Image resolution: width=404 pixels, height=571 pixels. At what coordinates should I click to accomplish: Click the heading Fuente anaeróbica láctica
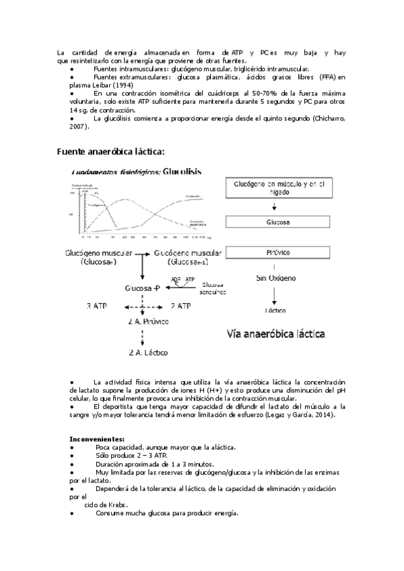pyautogui.click(x=111, y=151)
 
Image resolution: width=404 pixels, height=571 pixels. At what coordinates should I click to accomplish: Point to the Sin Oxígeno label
pyautogui.click(x=275, y=277)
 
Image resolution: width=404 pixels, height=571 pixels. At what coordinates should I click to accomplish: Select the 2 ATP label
pyautogui.click(x=180, y=306)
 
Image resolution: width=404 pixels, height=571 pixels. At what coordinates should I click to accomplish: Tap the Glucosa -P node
pyautogui.click(x=142, y=288)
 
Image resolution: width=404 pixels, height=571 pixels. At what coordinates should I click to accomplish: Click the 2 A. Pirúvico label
pyautogui.click(x=148, y=322)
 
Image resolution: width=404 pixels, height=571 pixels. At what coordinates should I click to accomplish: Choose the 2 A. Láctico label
pyautogui.click(x=148, y=352)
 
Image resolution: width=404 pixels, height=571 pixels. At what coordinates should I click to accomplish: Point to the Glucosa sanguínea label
pyautogui.click(x=213, y=288)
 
